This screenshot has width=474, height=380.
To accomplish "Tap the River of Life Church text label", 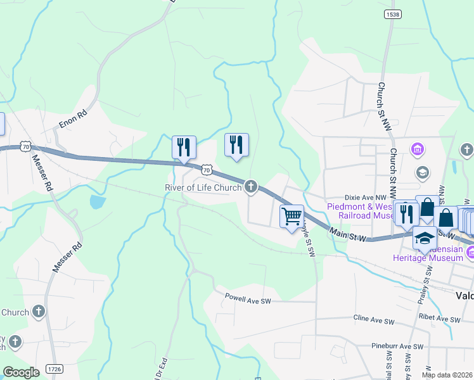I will pos(203,187).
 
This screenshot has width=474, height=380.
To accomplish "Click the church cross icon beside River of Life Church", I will pos(252,186).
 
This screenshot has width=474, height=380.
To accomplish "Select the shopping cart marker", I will pos(291,217).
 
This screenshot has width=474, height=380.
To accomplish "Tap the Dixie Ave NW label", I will pos(365,198).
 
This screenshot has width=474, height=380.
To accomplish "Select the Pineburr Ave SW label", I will pos(397,346).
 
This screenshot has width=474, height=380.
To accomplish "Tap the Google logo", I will pos(20,372).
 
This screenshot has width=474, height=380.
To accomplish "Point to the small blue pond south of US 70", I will pos(97,202).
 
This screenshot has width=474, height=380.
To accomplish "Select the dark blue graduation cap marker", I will pos(425,238).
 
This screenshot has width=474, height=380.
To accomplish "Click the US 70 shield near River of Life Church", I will pos(207,169).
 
